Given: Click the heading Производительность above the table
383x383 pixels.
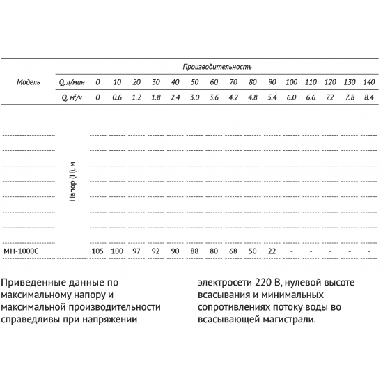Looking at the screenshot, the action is pos(217,67).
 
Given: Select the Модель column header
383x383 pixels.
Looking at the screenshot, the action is pos(29,82).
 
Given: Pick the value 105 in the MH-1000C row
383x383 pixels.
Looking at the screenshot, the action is pos(97,251).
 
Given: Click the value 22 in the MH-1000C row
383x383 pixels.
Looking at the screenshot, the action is pos(272,251).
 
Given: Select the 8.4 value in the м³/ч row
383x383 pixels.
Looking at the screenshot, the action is pos(369,97).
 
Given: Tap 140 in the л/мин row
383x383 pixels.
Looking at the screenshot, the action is pos(369,82).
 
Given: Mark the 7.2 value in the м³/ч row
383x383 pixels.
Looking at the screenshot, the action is pos(330,97).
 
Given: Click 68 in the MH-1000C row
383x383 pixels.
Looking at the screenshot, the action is pos(233,251).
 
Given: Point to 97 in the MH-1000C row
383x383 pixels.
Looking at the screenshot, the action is pos(136,251).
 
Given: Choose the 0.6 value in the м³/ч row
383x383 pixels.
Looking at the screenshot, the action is pos(117,97).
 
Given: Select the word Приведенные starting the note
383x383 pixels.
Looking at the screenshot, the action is pos(35,283).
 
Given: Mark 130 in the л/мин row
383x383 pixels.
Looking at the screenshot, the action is pos(350,82).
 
